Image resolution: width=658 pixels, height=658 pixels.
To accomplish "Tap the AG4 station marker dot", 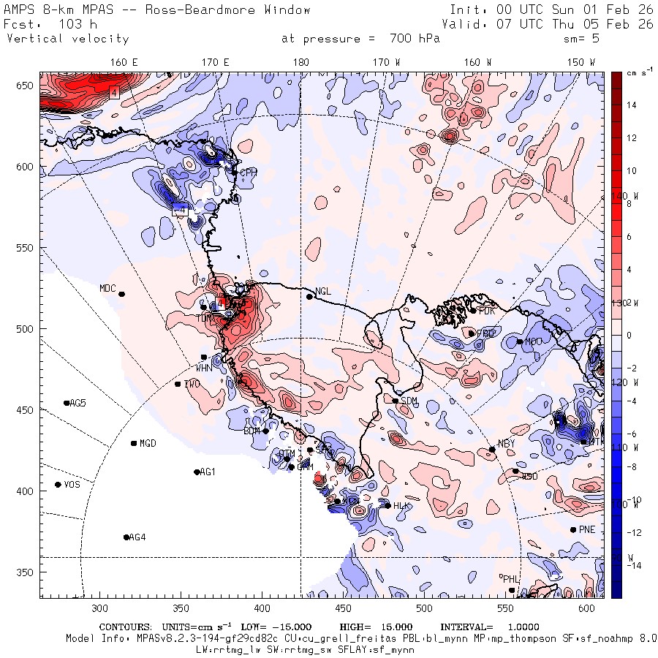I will (126, 537).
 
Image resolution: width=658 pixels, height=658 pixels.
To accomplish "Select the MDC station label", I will (107, 288).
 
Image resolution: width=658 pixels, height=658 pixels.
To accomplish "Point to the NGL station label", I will (323, 291).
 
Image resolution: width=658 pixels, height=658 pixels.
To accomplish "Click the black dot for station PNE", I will (572, 530).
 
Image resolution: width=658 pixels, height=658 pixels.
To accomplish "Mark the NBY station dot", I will (492, 450).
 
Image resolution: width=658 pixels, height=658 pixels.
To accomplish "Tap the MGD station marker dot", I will (134, 444).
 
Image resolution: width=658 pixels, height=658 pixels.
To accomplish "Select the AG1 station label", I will (208, 472).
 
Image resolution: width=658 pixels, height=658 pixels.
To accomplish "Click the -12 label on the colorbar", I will (632, 532).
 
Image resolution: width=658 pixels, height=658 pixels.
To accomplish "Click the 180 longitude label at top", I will (300, 62).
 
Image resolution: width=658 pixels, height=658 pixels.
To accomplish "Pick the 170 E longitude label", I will (216, 62).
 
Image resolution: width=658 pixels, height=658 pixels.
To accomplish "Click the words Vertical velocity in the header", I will (67, 39).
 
